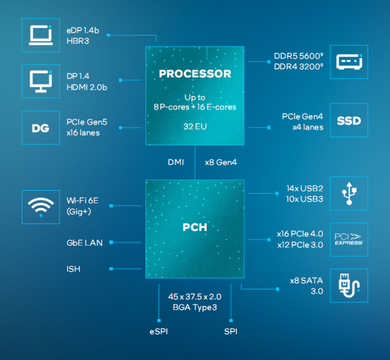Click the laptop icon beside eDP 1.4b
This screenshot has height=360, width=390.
click(x=41, y=35)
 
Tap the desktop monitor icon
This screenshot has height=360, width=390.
click(x=41, y=81)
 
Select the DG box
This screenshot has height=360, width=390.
click(x=41, y=128)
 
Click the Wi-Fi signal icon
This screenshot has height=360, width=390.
click(x=41, y=207)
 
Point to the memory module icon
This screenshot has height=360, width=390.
click(x=349, y=62)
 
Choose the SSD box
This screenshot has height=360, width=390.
click(x=349, y=120)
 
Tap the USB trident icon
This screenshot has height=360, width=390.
click(x=349, y=194)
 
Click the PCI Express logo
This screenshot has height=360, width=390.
click(x=349, y=240)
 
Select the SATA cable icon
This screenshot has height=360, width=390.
click(x=349, y=286)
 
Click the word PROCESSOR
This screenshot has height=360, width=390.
click(x=195, y=74)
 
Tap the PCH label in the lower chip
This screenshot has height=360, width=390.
click(x=195, y=227)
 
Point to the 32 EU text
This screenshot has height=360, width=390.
click(x=195, y=126)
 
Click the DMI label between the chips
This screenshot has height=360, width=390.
click(x=176, y=162)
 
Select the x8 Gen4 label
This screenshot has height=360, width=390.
click(x=221, y=162)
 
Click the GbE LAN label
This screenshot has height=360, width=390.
click(x=85, y=243)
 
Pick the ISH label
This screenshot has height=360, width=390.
click(x=73, y=269)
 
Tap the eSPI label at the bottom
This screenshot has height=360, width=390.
click(x=159, y=331)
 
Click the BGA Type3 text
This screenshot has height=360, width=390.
click(x=195, y=307)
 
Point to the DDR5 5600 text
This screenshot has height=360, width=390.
click(x=298, y=56)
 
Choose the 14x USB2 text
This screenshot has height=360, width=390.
click(x=305, y=189)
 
